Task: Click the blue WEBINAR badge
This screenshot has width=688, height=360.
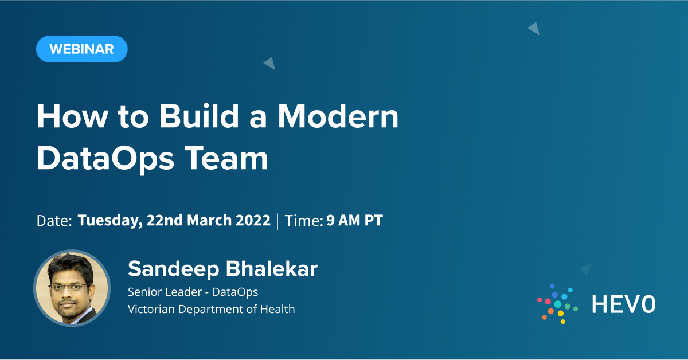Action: coord(81,49)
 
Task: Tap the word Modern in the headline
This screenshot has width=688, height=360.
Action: coord(338,116)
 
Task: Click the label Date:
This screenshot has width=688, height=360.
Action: coord(54,221)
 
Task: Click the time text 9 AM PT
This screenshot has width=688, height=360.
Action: coord(354,221)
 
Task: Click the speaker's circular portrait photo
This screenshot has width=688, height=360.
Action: coord(72,288)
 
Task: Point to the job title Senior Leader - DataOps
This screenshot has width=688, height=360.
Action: coord(193,292)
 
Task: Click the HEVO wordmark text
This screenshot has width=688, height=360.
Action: coord(623,304)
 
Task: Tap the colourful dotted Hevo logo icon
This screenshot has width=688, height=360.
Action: coord(557,304)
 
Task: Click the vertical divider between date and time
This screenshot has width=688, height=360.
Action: coord(277,221)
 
